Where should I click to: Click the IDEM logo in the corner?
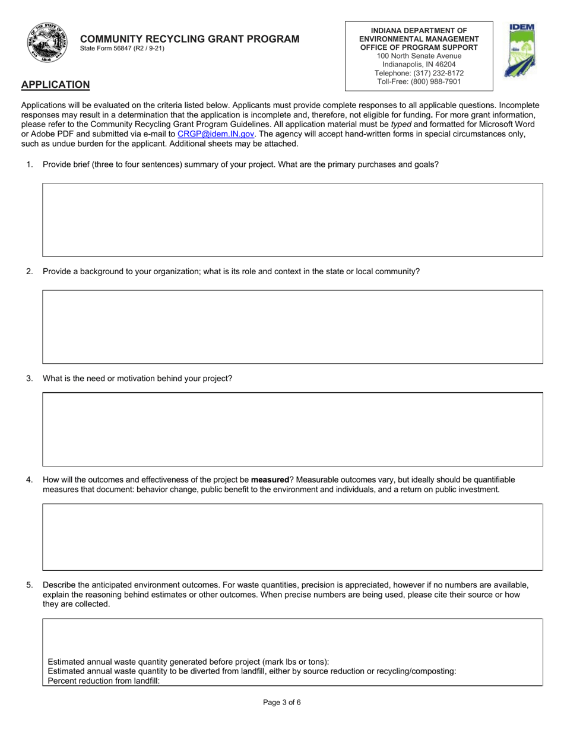coord(519,51)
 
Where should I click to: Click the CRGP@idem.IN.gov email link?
coord(216,134)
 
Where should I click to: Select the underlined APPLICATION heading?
coord(55,84)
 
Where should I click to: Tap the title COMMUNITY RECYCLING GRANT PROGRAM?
coord(190,39)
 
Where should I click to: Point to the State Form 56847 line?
coord(122,49)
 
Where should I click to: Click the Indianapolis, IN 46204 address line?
coord(419,64)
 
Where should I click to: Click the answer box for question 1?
coord(292,220)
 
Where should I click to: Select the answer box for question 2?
coord(292,326)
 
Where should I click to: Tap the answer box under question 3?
coord(292,429)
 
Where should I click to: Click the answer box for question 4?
coord(292,537)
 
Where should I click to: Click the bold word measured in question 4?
coord(270,480)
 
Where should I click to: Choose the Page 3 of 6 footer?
coord(282,703)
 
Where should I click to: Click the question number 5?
coord(30,585)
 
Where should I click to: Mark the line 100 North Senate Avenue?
coord(419,56)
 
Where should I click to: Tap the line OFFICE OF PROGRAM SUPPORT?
coord(419,47)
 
